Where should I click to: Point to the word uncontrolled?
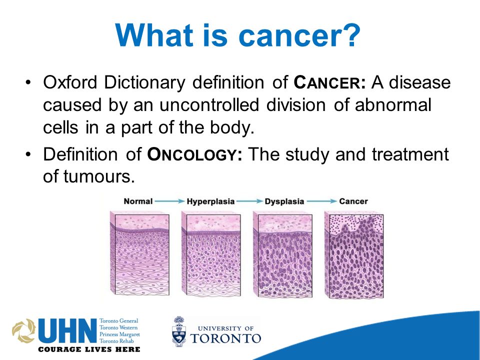click(x=209, y=104)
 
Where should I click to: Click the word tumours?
click(x=99, y=176)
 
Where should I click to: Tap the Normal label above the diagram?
click(x=138, y=201)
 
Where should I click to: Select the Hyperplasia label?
click(x=210, y=201)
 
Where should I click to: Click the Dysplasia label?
click(x=284, y=201)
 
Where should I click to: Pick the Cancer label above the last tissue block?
click(x=353, y=201)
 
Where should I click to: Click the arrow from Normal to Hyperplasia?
click(x=169, y=201)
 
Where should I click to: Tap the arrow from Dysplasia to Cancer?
click(x=321, y=201)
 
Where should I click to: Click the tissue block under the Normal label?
click(x=139, y=253)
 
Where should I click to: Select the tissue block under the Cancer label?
click(x=354, y=254)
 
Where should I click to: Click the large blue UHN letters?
click(x=67, y=331)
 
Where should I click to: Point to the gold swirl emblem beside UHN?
click(x=24, y=330)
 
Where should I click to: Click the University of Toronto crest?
click(x=179, y=331)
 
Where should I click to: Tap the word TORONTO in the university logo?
click(x=225, y=338)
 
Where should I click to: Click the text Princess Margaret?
click(x=119, y=334)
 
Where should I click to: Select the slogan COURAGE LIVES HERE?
click(x=89, y=349)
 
